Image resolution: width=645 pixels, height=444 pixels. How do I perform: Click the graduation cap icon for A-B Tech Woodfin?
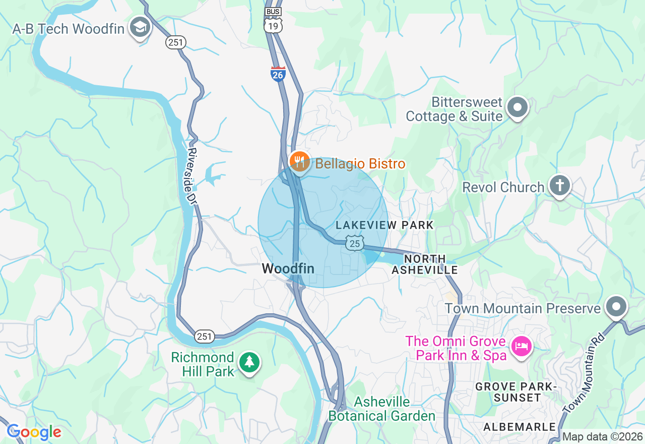[x=140, y=28]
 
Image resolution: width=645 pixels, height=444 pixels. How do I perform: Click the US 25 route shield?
[x=355, y=243]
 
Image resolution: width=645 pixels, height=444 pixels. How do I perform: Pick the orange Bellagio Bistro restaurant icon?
[x=299, y=161]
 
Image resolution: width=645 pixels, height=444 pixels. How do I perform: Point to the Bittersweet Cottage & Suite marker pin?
[x=517, y=107]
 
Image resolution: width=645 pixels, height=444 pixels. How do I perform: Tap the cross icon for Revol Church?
[x=559, y=185]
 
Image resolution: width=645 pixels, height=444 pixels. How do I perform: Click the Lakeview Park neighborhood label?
[x=384, y=225]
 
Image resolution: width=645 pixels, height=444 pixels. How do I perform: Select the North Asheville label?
[x=424, y=264]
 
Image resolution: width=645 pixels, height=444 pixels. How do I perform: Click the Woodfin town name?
[x=288, y=269]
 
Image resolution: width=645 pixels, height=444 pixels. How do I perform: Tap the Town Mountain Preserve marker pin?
[x=616, y=306]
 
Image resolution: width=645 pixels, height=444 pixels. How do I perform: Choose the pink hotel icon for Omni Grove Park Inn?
[x=521, y=347]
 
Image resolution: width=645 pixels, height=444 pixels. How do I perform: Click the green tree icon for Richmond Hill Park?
[x=248, y=362]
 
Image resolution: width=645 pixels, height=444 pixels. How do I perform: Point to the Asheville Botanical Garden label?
[x=381, y=409]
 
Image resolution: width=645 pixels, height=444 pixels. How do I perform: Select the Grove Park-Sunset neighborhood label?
[x=516, y=392]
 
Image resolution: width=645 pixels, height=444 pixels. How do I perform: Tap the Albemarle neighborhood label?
[x=519, y=427]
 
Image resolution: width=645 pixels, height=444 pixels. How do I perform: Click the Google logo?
[x=34, y=432]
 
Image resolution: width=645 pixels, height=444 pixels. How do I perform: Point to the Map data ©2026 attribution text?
[x=602, y=436]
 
